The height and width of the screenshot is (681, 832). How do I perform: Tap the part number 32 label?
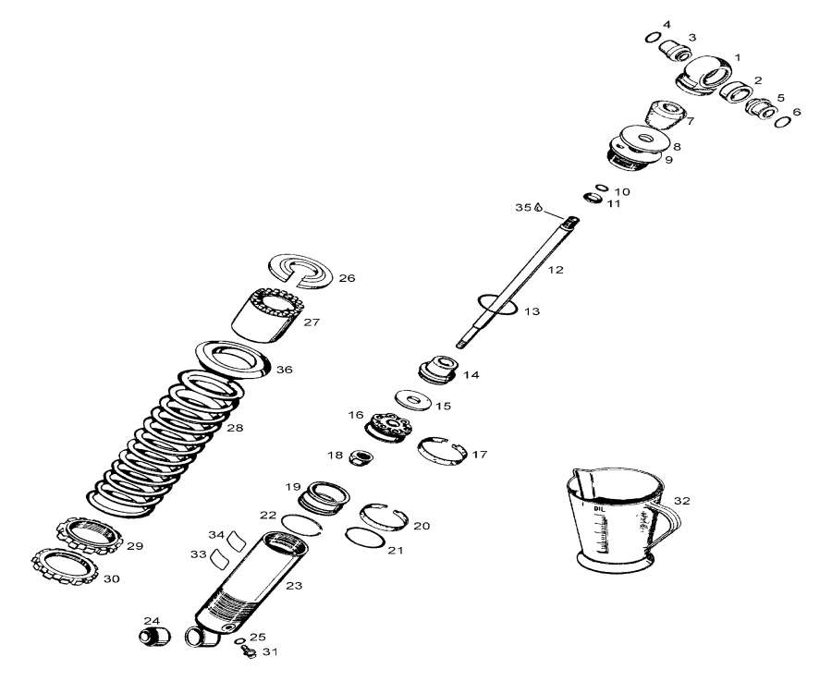682,501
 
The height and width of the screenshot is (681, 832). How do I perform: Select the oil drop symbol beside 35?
538,208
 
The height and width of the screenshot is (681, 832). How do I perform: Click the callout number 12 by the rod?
555,270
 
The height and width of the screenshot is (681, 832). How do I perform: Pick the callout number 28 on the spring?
235,428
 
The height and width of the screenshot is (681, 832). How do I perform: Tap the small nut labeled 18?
362,456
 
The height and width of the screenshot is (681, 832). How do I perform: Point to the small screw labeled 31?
248,652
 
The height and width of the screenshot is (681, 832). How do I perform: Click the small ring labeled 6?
784,121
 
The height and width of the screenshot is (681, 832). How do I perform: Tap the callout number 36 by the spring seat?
284,370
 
